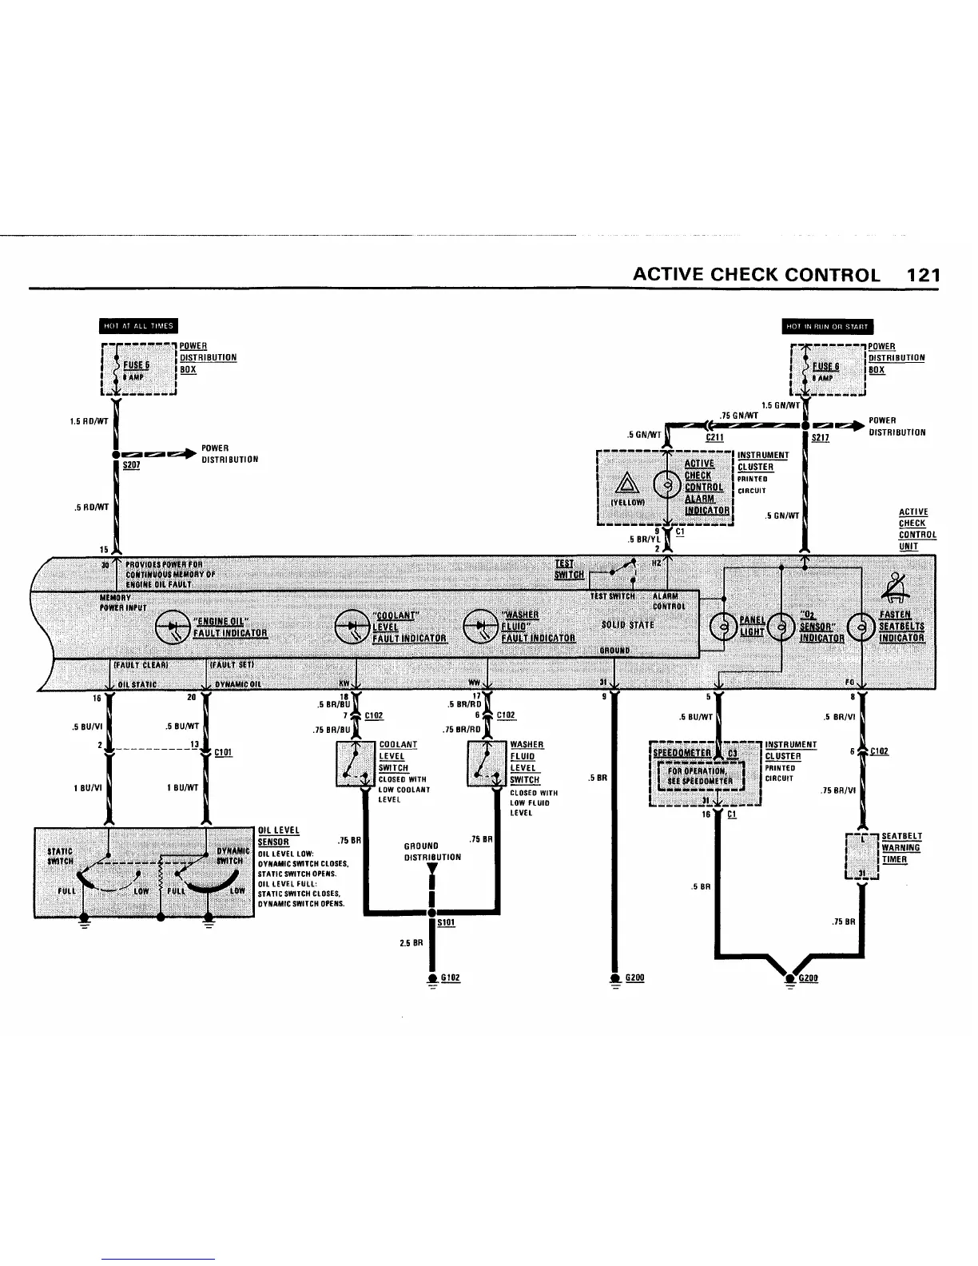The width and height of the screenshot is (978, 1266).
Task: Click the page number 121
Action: click(924, 275)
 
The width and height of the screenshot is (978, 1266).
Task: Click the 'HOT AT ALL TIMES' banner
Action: click(138, 325)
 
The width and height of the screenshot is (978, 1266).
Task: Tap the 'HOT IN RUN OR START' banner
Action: click(827, 326)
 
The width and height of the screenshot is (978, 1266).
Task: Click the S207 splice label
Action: click(131, 465)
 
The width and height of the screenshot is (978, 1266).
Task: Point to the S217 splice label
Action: click(820, 438)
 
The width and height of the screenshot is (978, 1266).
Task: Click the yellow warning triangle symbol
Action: click(626, 484)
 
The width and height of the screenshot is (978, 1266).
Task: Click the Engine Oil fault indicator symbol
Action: click(173, 627)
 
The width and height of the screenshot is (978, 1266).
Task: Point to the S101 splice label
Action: click(446, 923)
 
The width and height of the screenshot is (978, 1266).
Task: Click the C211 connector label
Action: click(714, 438)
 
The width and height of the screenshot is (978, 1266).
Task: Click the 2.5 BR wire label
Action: click(409, 944)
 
